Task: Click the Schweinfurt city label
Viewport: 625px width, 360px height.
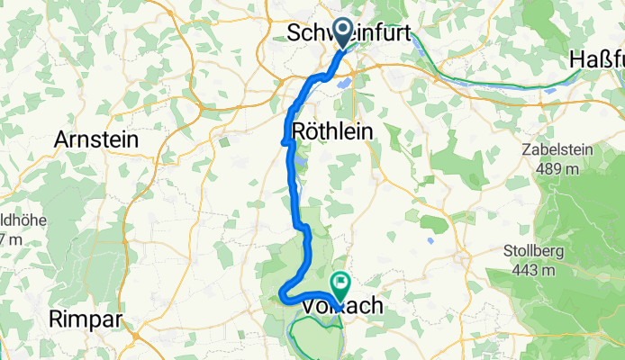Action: [x=349, y=33]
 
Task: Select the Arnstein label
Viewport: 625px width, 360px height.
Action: [x=95, y=139]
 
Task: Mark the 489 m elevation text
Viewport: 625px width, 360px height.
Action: [x=559, y=171]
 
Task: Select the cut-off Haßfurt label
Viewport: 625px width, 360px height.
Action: [x=597, y=58]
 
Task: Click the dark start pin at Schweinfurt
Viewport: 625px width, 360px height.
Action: [x=343, y=32]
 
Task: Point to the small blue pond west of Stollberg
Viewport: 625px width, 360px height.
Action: [x=430, y=240]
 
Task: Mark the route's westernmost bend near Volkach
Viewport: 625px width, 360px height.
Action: [x=282, y=292]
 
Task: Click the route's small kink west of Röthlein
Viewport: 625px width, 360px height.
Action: [x=285, y=141]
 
